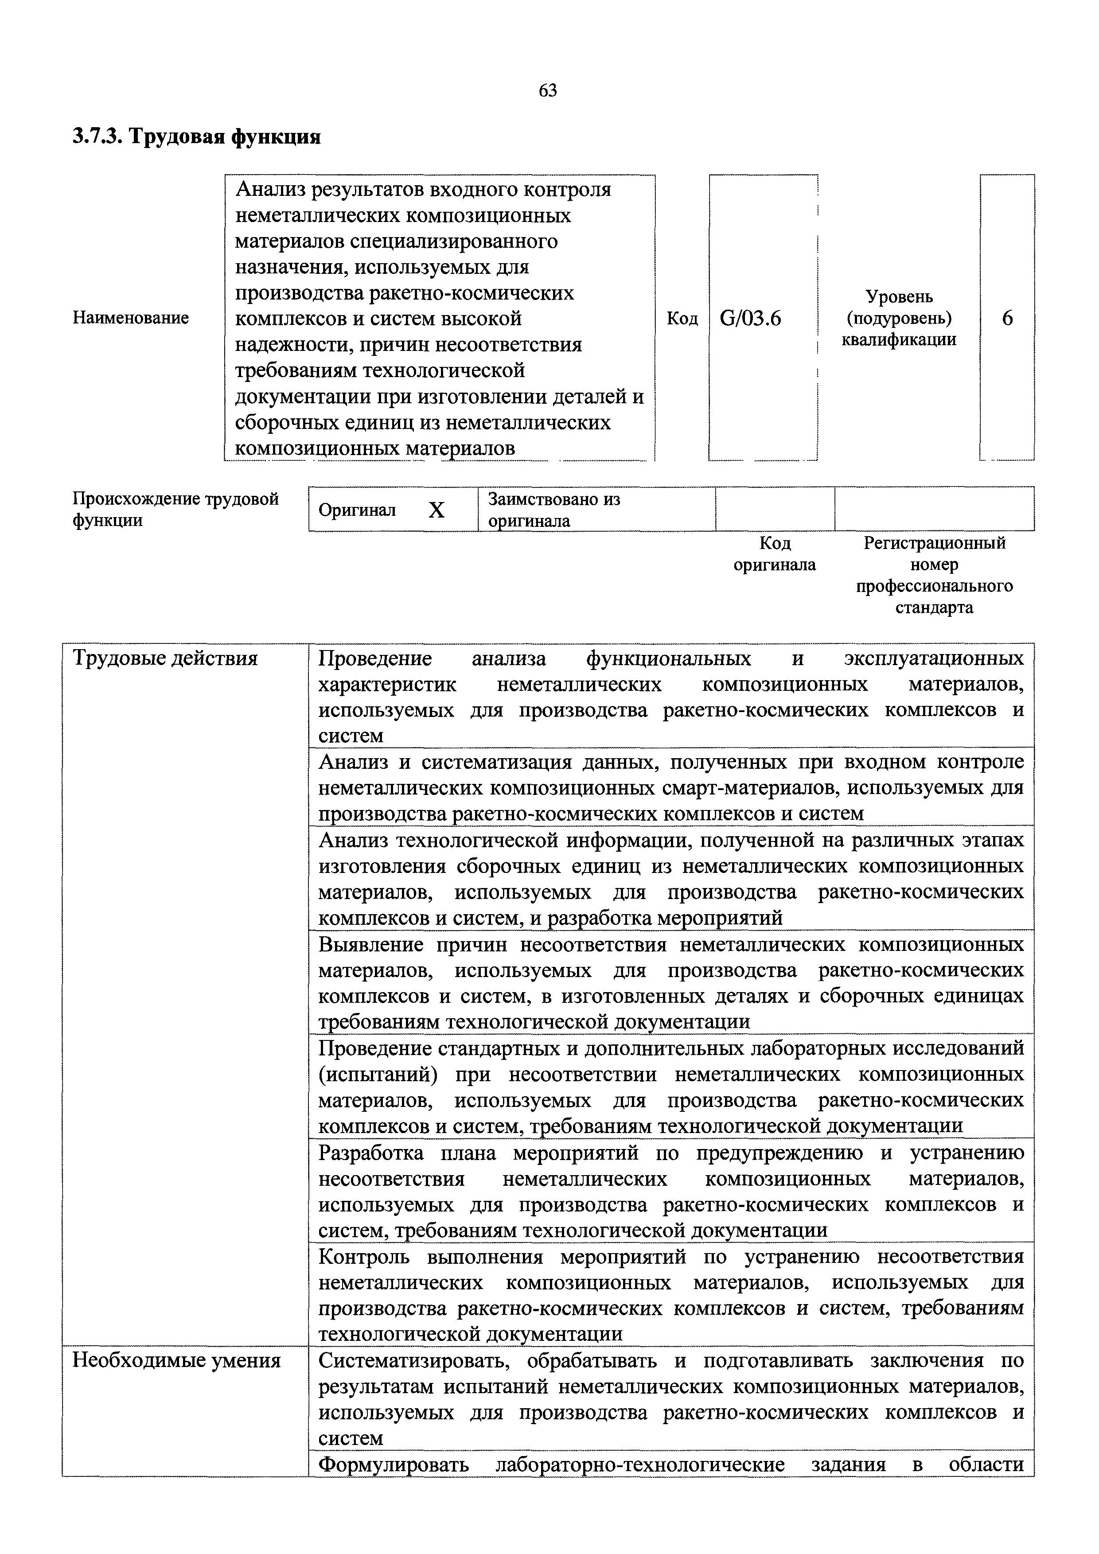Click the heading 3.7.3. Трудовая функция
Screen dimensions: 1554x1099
point(196,137)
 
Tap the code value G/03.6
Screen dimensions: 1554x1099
point(751,318)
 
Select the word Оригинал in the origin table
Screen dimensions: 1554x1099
point(357,510)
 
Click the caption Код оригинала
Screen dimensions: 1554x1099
point(775,553)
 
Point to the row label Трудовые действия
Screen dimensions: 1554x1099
point(165,658)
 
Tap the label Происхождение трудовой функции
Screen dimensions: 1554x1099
point(175,510)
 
